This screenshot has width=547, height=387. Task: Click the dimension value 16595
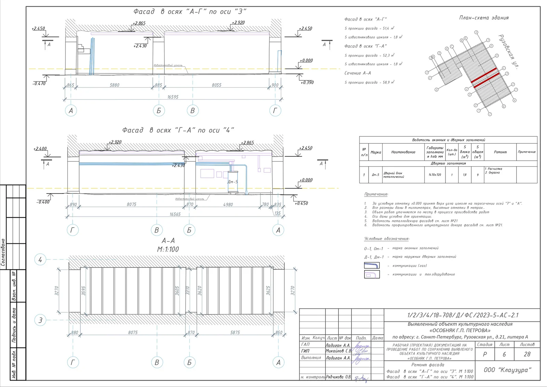(173, 97)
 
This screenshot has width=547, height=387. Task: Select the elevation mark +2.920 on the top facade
(238, 23)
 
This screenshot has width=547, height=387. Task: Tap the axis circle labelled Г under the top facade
(275, 110)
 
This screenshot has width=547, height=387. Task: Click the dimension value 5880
(115, 85)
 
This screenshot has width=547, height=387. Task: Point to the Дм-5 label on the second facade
(232, 182)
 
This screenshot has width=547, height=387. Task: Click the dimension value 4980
(228, 204)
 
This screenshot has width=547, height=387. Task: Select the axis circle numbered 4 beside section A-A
(40, 259)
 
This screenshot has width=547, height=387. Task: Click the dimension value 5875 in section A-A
(235, 332)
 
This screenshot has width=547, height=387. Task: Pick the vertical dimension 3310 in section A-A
(187, 291)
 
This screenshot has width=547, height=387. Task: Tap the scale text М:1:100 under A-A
(168, 249)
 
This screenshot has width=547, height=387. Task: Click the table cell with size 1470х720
(435, 175)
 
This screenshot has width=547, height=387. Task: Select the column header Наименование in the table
(403, 152)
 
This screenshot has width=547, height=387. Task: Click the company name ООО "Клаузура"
(507, 370)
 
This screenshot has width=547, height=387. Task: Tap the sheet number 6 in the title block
(504, 355)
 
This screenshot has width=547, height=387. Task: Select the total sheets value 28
(527, 355)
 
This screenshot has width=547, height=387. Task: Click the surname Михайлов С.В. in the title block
(338, 351)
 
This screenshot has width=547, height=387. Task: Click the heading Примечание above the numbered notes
(376, 194)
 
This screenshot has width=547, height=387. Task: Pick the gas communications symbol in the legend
(372, 266)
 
